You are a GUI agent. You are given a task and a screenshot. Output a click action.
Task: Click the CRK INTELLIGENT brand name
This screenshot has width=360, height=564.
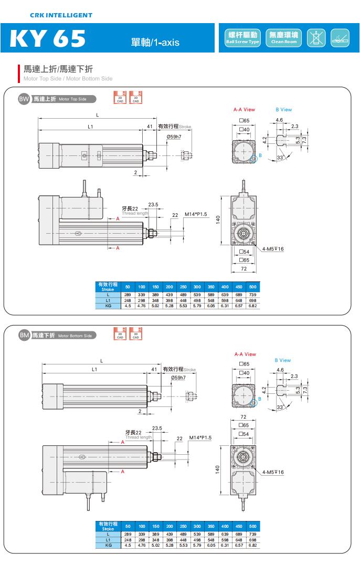pos(61,15)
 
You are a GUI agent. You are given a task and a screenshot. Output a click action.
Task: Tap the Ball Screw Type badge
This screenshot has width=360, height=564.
pos(242,38)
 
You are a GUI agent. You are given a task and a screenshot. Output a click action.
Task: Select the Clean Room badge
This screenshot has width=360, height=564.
pos(283,38)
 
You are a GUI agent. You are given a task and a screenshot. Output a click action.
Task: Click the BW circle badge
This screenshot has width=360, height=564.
pos(24,99)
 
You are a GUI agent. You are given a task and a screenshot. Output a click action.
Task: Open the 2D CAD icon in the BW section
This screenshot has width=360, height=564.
pos(120,98)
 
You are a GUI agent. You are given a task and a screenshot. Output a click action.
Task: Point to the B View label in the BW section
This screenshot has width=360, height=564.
pos(283,110)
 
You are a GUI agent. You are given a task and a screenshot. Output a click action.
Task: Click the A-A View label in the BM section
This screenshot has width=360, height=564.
pos(245,354)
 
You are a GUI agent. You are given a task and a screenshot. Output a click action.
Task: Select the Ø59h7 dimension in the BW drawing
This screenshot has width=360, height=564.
pos(175,137)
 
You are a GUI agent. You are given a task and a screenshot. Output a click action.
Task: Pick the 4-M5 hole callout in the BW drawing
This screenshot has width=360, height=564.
pos(273,248)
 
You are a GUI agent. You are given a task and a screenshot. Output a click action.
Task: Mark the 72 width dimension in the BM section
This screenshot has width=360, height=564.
pos(243,417)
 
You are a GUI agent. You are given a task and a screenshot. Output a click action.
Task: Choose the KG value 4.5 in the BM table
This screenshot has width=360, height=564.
pos(128,545)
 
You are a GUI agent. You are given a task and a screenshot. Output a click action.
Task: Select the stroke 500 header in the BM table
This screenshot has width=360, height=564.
pos(252,526)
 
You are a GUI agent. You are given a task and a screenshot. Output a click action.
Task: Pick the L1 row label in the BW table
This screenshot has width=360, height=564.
pos(108,300)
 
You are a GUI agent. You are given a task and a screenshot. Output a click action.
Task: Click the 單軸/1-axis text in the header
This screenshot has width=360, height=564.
pos(155,42)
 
